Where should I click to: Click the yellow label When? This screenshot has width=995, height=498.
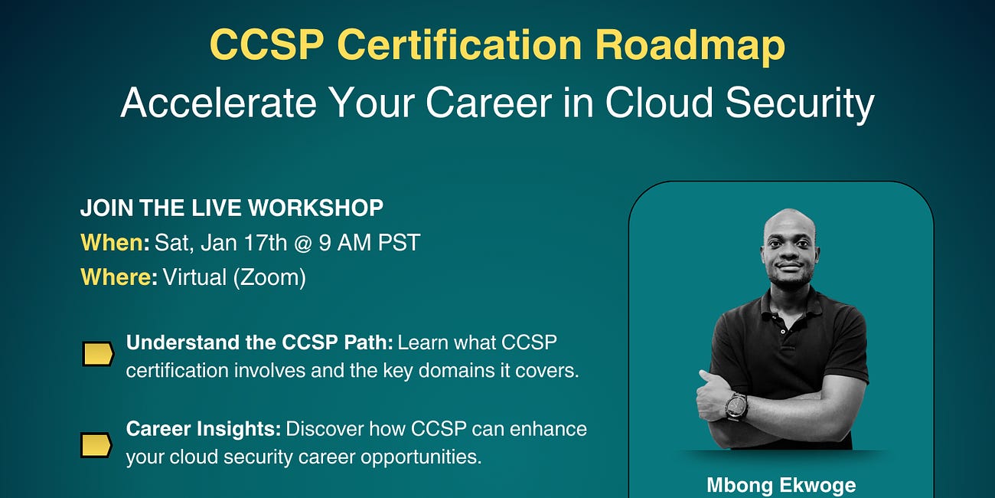click(115, 243)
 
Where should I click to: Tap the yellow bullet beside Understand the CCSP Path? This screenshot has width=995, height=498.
click(97, 354)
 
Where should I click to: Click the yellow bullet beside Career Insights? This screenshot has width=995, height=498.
click(97, 444)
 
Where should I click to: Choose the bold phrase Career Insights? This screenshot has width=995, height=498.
click(203, 428)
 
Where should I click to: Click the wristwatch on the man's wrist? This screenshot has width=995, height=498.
click(736, 406)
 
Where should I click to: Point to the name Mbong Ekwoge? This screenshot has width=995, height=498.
click(781, 485)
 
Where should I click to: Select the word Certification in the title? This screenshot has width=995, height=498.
click(459, 46)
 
